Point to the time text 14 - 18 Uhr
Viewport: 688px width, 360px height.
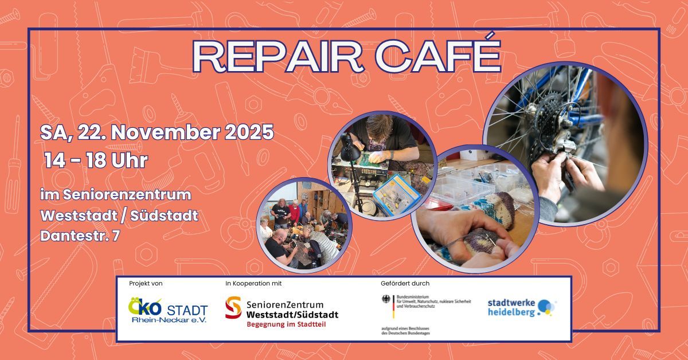coord(96,161)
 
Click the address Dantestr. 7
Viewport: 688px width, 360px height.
coord(80,236)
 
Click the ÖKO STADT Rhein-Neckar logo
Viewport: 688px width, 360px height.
coord(167,310)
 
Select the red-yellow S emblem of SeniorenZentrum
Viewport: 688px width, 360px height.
coord(233,307)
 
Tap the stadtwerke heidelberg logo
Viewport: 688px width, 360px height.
coord(521,307)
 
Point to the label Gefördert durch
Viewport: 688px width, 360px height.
coord(405,283)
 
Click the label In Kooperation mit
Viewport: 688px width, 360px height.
coord(254,283)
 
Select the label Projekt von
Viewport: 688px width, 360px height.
coord(146,283)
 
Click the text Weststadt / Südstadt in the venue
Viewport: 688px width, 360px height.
coord(119,216)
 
